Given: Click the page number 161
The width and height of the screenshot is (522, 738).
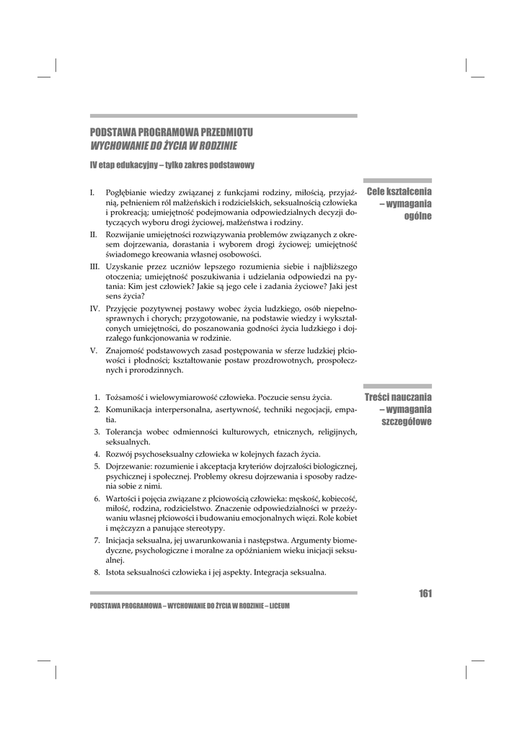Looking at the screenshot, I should (424, 594).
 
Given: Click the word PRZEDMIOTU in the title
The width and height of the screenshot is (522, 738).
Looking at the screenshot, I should (225, 133).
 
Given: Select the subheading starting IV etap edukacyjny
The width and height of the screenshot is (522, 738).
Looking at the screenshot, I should (172, 166).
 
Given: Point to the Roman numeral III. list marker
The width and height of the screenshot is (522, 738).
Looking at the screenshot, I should (94, 266).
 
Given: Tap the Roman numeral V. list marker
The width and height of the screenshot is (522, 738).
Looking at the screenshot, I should (93, 350).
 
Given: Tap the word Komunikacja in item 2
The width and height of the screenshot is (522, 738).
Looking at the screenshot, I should (130, 409).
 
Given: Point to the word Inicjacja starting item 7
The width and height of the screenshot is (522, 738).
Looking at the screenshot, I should (123, 539).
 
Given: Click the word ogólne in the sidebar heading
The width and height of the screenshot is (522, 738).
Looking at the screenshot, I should (417, 216).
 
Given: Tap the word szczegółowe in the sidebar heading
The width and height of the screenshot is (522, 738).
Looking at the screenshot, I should (407, 422).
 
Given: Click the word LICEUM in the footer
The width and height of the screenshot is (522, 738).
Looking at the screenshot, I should (278, 606).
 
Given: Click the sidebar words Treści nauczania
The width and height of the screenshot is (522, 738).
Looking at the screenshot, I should (398, 397).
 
